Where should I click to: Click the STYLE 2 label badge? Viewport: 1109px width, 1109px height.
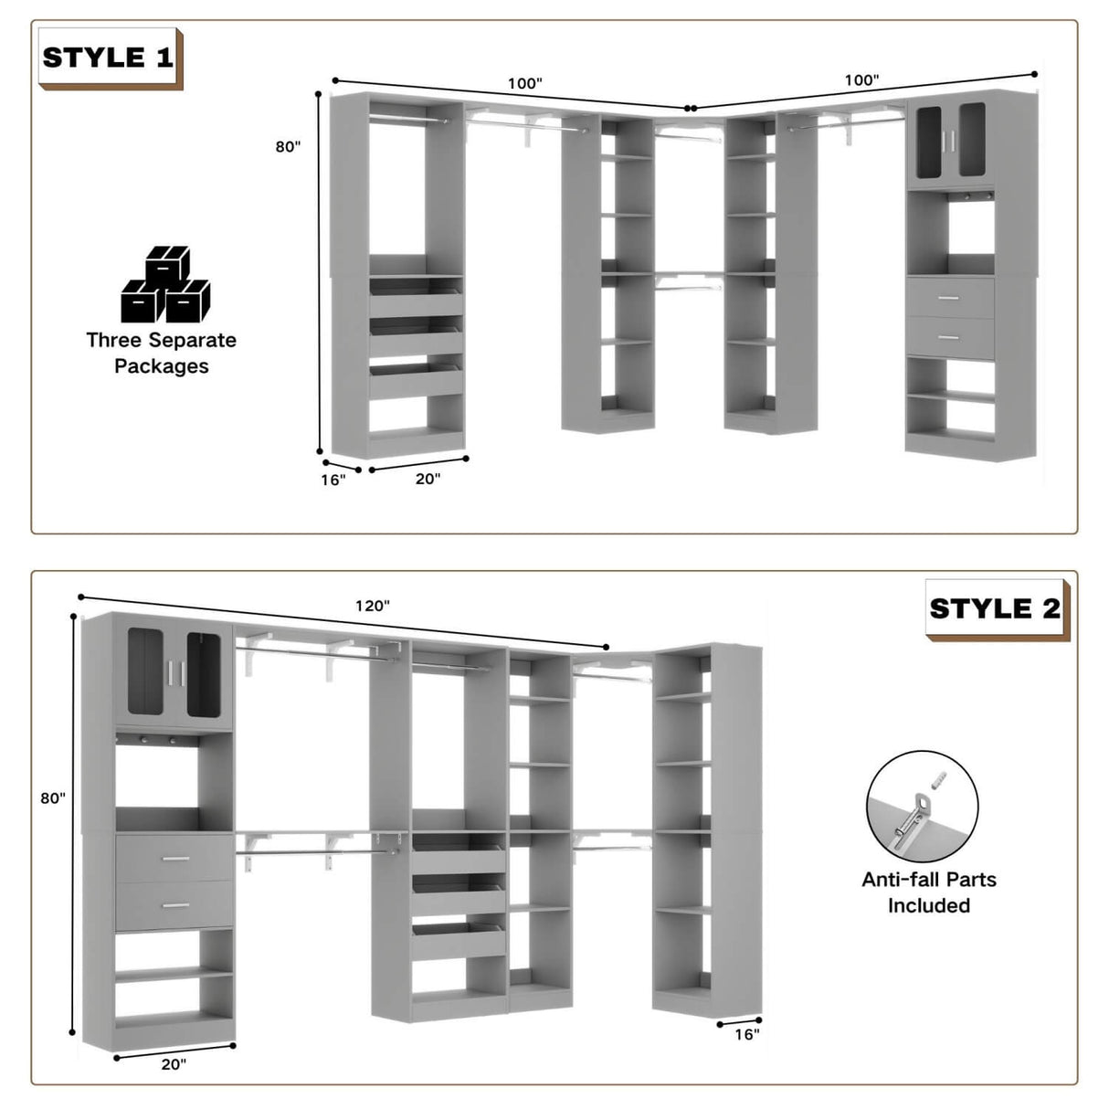coord(995,608)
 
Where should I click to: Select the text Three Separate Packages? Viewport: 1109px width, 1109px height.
coord(162,353)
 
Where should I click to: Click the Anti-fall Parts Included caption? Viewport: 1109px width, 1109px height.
coord(929,892)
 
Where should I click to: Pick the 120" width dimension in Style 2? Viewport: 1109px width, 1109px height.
coord(373,605)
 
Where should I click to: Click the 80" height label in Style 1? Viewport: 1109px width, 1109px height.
coord(288,146)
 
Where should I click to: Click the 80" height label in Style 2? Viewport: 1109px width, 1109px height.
coord(53,797)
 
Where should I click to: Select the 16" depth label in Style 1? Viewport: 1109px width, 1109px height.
coord(333,480)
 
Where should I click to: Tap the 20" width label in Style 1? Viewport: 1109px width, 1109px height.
coord(428,478)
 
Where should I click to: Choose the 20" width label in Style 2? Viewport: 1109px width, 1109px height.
coord(174,1063)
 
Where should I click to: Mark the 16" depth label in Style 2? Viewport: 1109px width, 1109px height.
coord(746,1034)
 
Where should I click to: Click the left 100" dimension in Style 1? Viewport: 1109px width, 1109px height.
coord(524,83)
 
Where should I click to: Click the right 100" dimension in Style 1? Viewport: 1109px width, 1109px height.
coord(861,80)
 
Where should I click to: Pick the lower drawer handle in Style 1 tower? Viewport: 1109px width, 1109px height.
coord(950,337)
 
